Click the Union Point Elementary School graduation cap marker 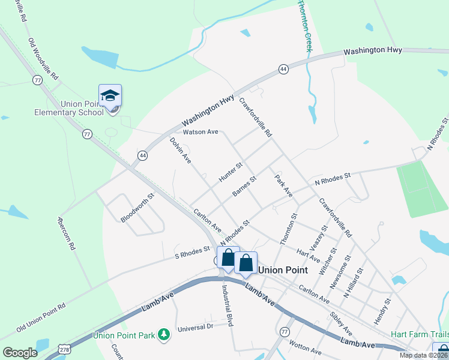(x=110, y=96)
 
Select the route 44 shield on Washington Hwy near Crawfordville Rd (x=283, y=70)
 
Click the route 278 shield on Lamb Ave (x=64, y=349)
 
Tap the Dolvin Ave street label (x=180, y=151)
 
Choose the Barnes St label (x=244, y=186)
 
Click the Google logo (x=20, y=353)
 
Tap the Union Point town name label (x=283, y=270)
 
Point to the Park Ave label (x=283, y=186)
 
